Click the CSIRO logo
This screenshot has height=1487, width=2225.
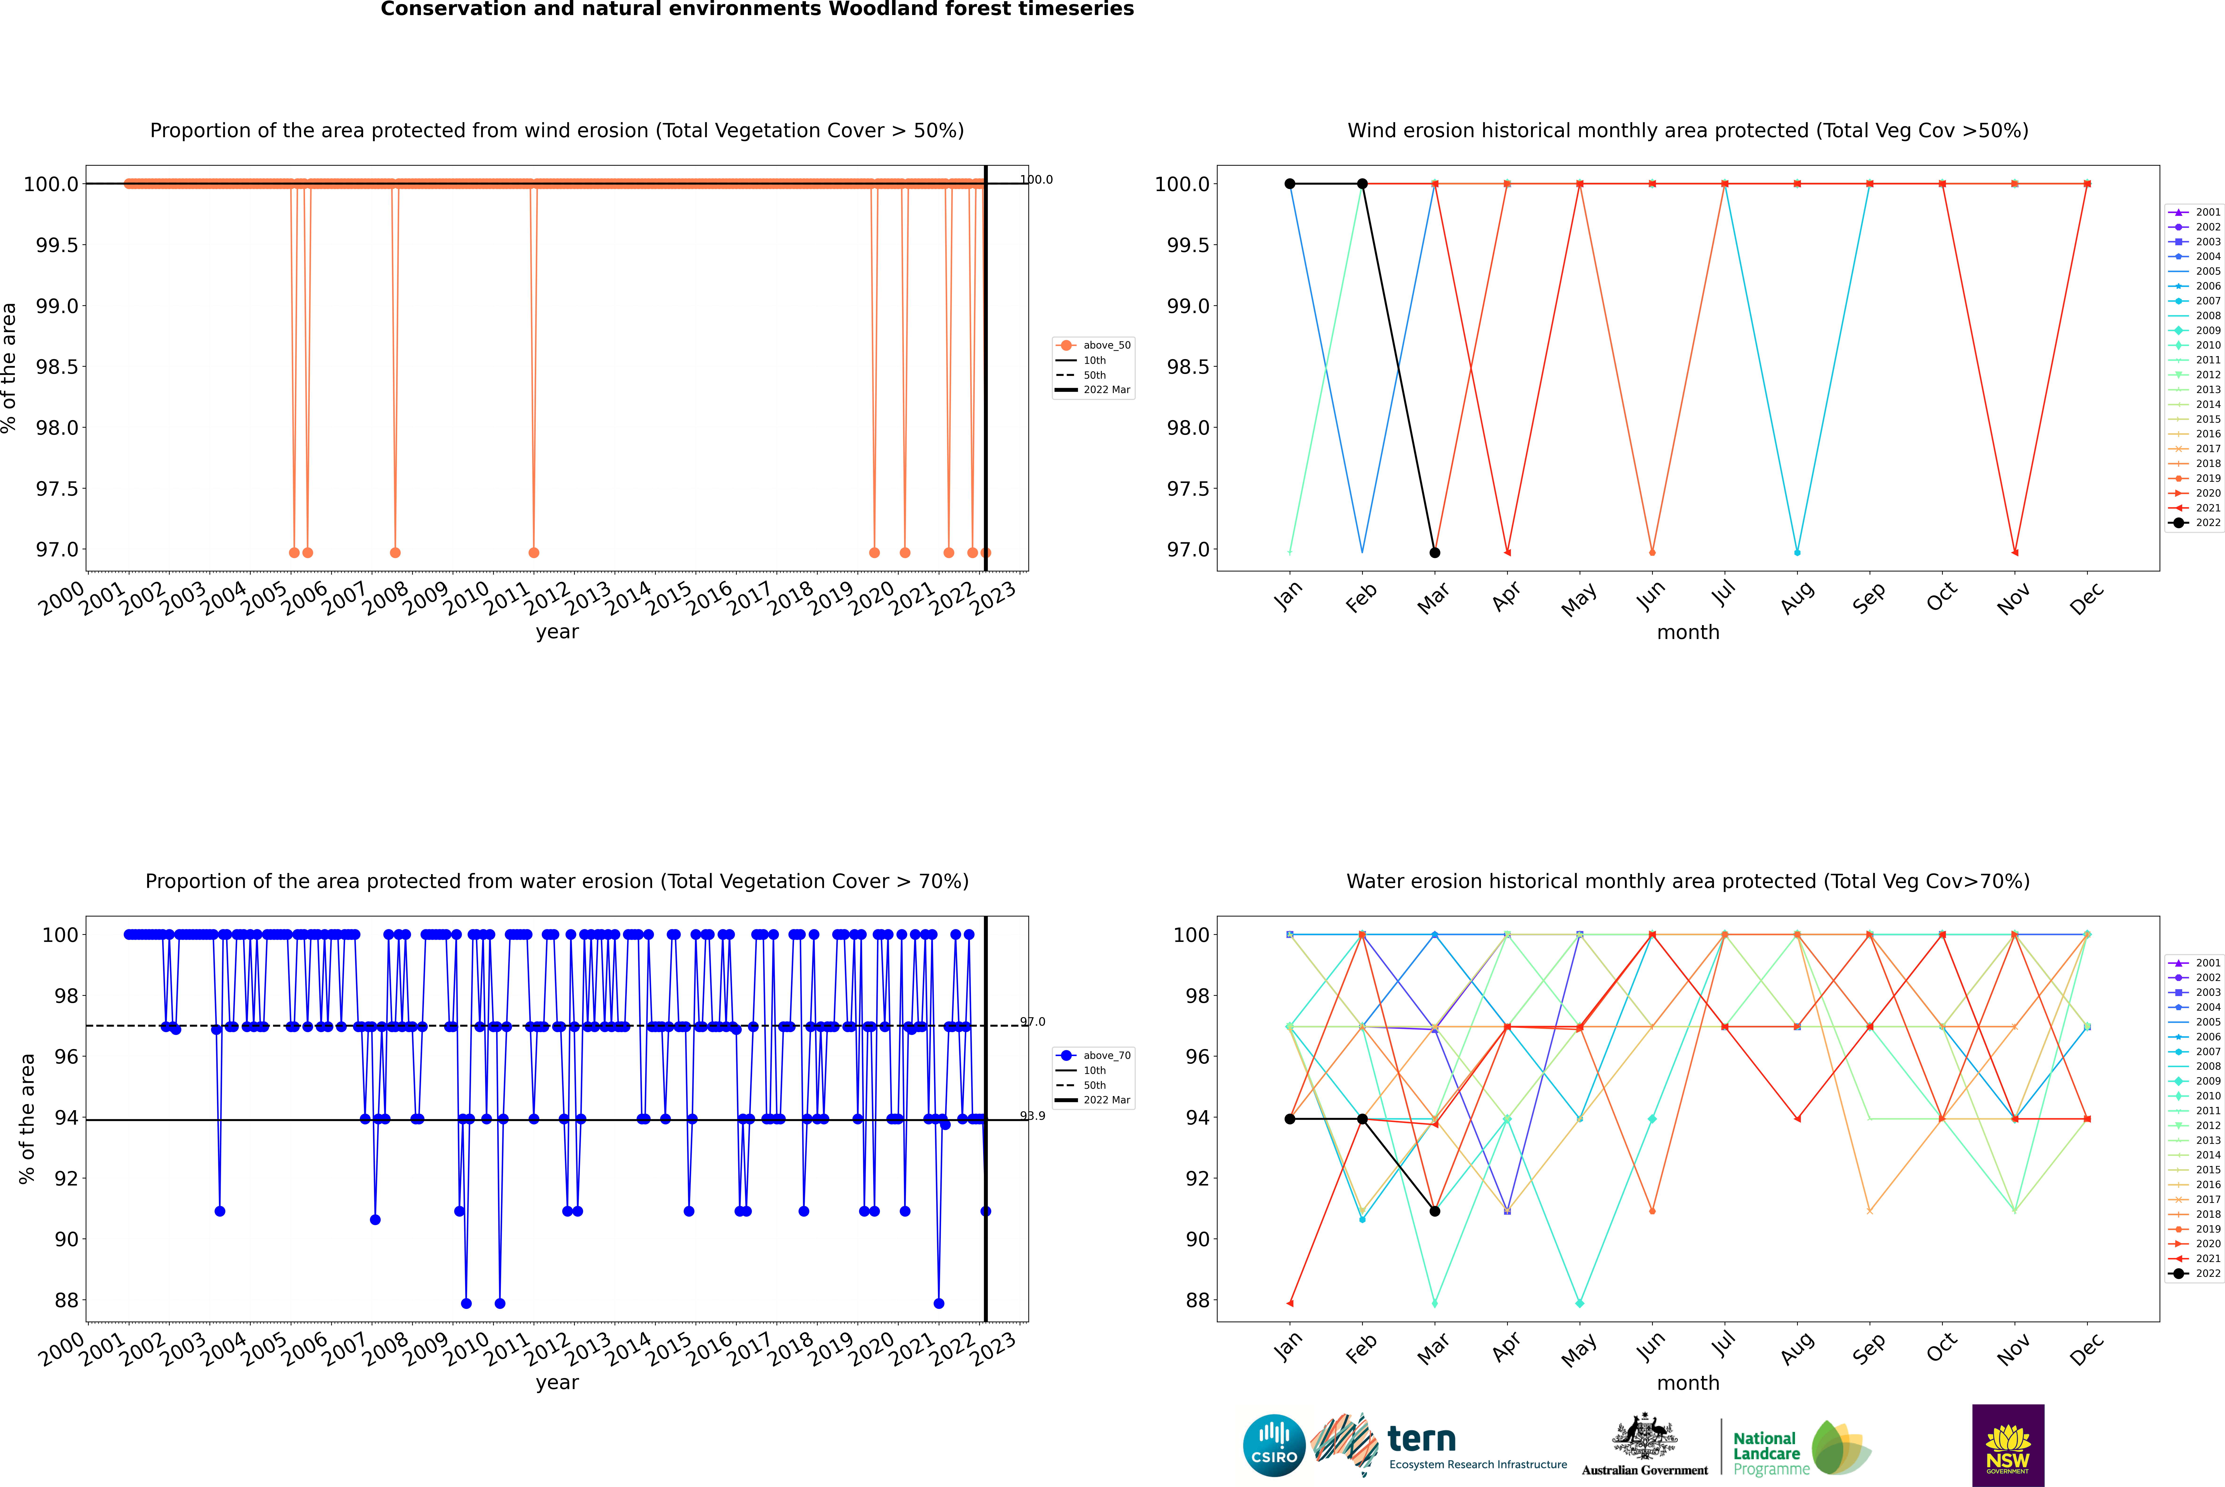click(x=1274, y=1445)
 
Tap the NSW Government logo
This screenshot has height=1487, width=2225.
click(x=2008, y=1445)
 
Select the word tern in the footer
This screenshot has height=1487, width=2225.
click(x=1421, y=1439)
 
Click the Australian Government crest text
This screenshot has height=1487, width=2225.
click(x=1645, y=1470)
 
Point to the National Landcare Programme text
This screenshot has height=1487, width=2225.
click(x=1766, y=1453)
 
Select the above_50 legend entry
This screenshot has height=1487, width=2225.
click(x=1106, y=345)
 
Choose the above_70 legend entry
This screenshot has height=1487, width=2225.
click(x=1106, y=1056)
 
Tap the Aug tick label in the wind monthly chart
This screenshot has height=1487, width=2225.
click(x=1797, y=597)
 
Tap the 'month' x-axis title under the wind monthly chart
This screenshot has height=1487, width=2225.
click(x=1687, y=633)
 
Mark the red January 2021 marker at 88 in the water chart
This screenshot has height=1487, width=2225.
click(x=1290, y=1303)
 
